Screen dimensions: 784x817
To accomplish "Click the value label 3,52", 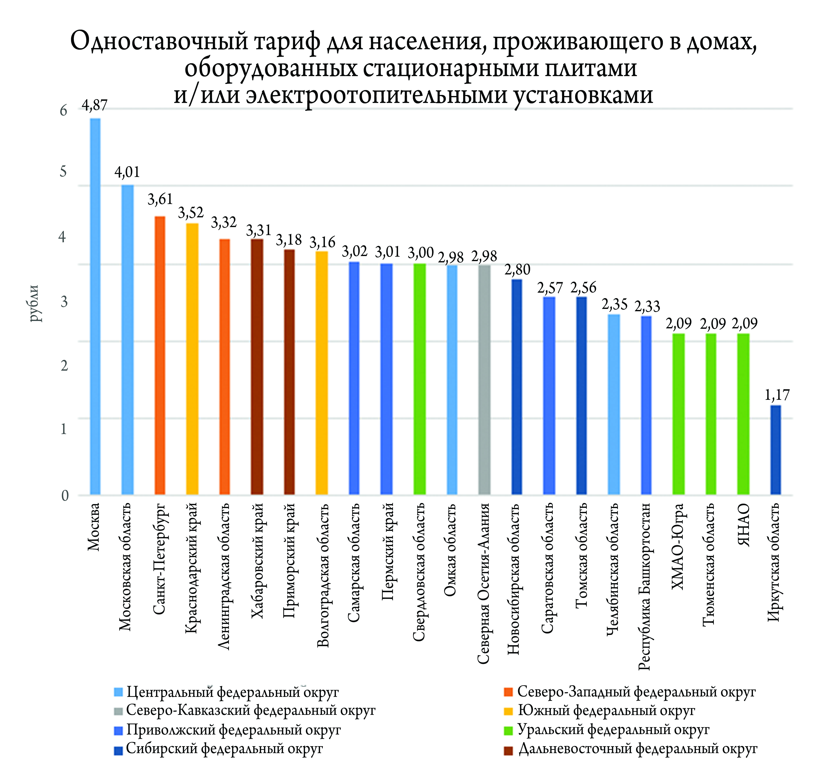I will [x=191, y=213].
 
